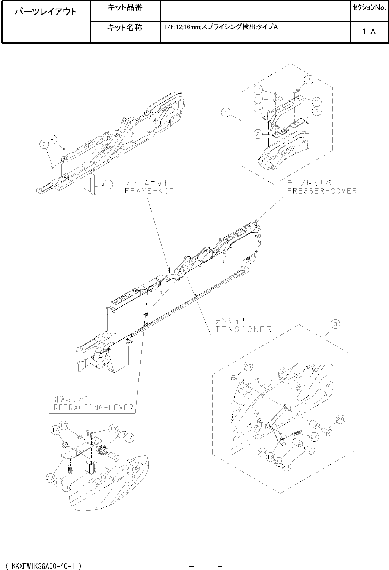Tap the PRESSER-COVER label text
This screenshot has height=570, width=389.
pos(322,191)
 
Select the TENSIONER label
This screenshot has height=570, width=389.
pos(244,329)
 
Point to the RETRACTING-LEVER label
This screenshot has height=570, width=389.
pos(93,407)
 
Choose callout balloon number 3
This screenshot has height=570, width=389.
pos(335,324)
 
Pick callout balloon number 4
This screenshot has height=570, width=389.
pos(108,184)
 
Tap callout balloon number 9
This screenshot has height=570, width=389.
pos(308,79)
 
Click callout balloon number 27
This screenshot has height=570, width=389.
pos(249,366)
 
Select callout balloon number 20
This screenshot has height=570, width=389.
pos(341,419)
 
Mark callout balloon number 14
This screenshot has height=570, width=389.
pos(129,438)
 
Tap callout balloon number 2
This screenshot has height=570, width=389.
pos(257,134)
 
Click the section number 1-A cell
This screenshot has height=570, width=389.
pos(369,32)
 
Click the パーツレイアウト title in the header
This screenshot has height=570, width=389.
pos(46,12)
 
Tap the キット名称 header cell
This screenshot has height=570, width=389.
pos(125,28)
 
